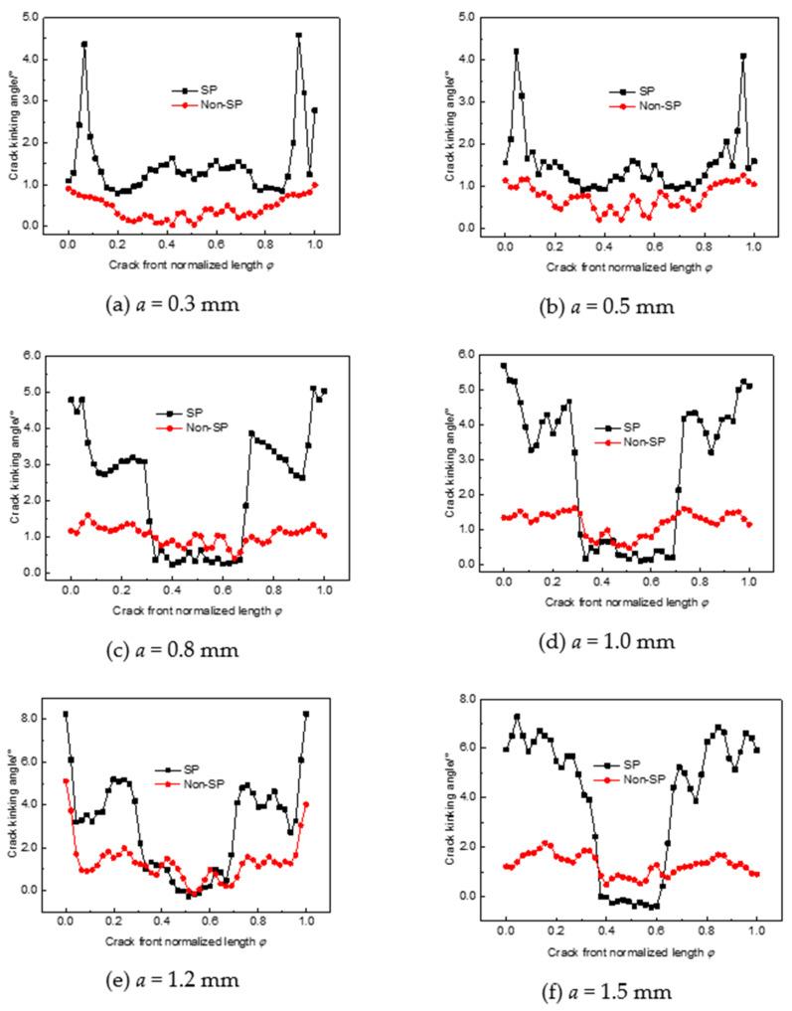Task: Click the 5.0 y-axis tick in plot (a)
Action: pos(33,17)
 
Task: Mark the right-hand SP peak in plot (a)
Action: pos(298,36)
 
